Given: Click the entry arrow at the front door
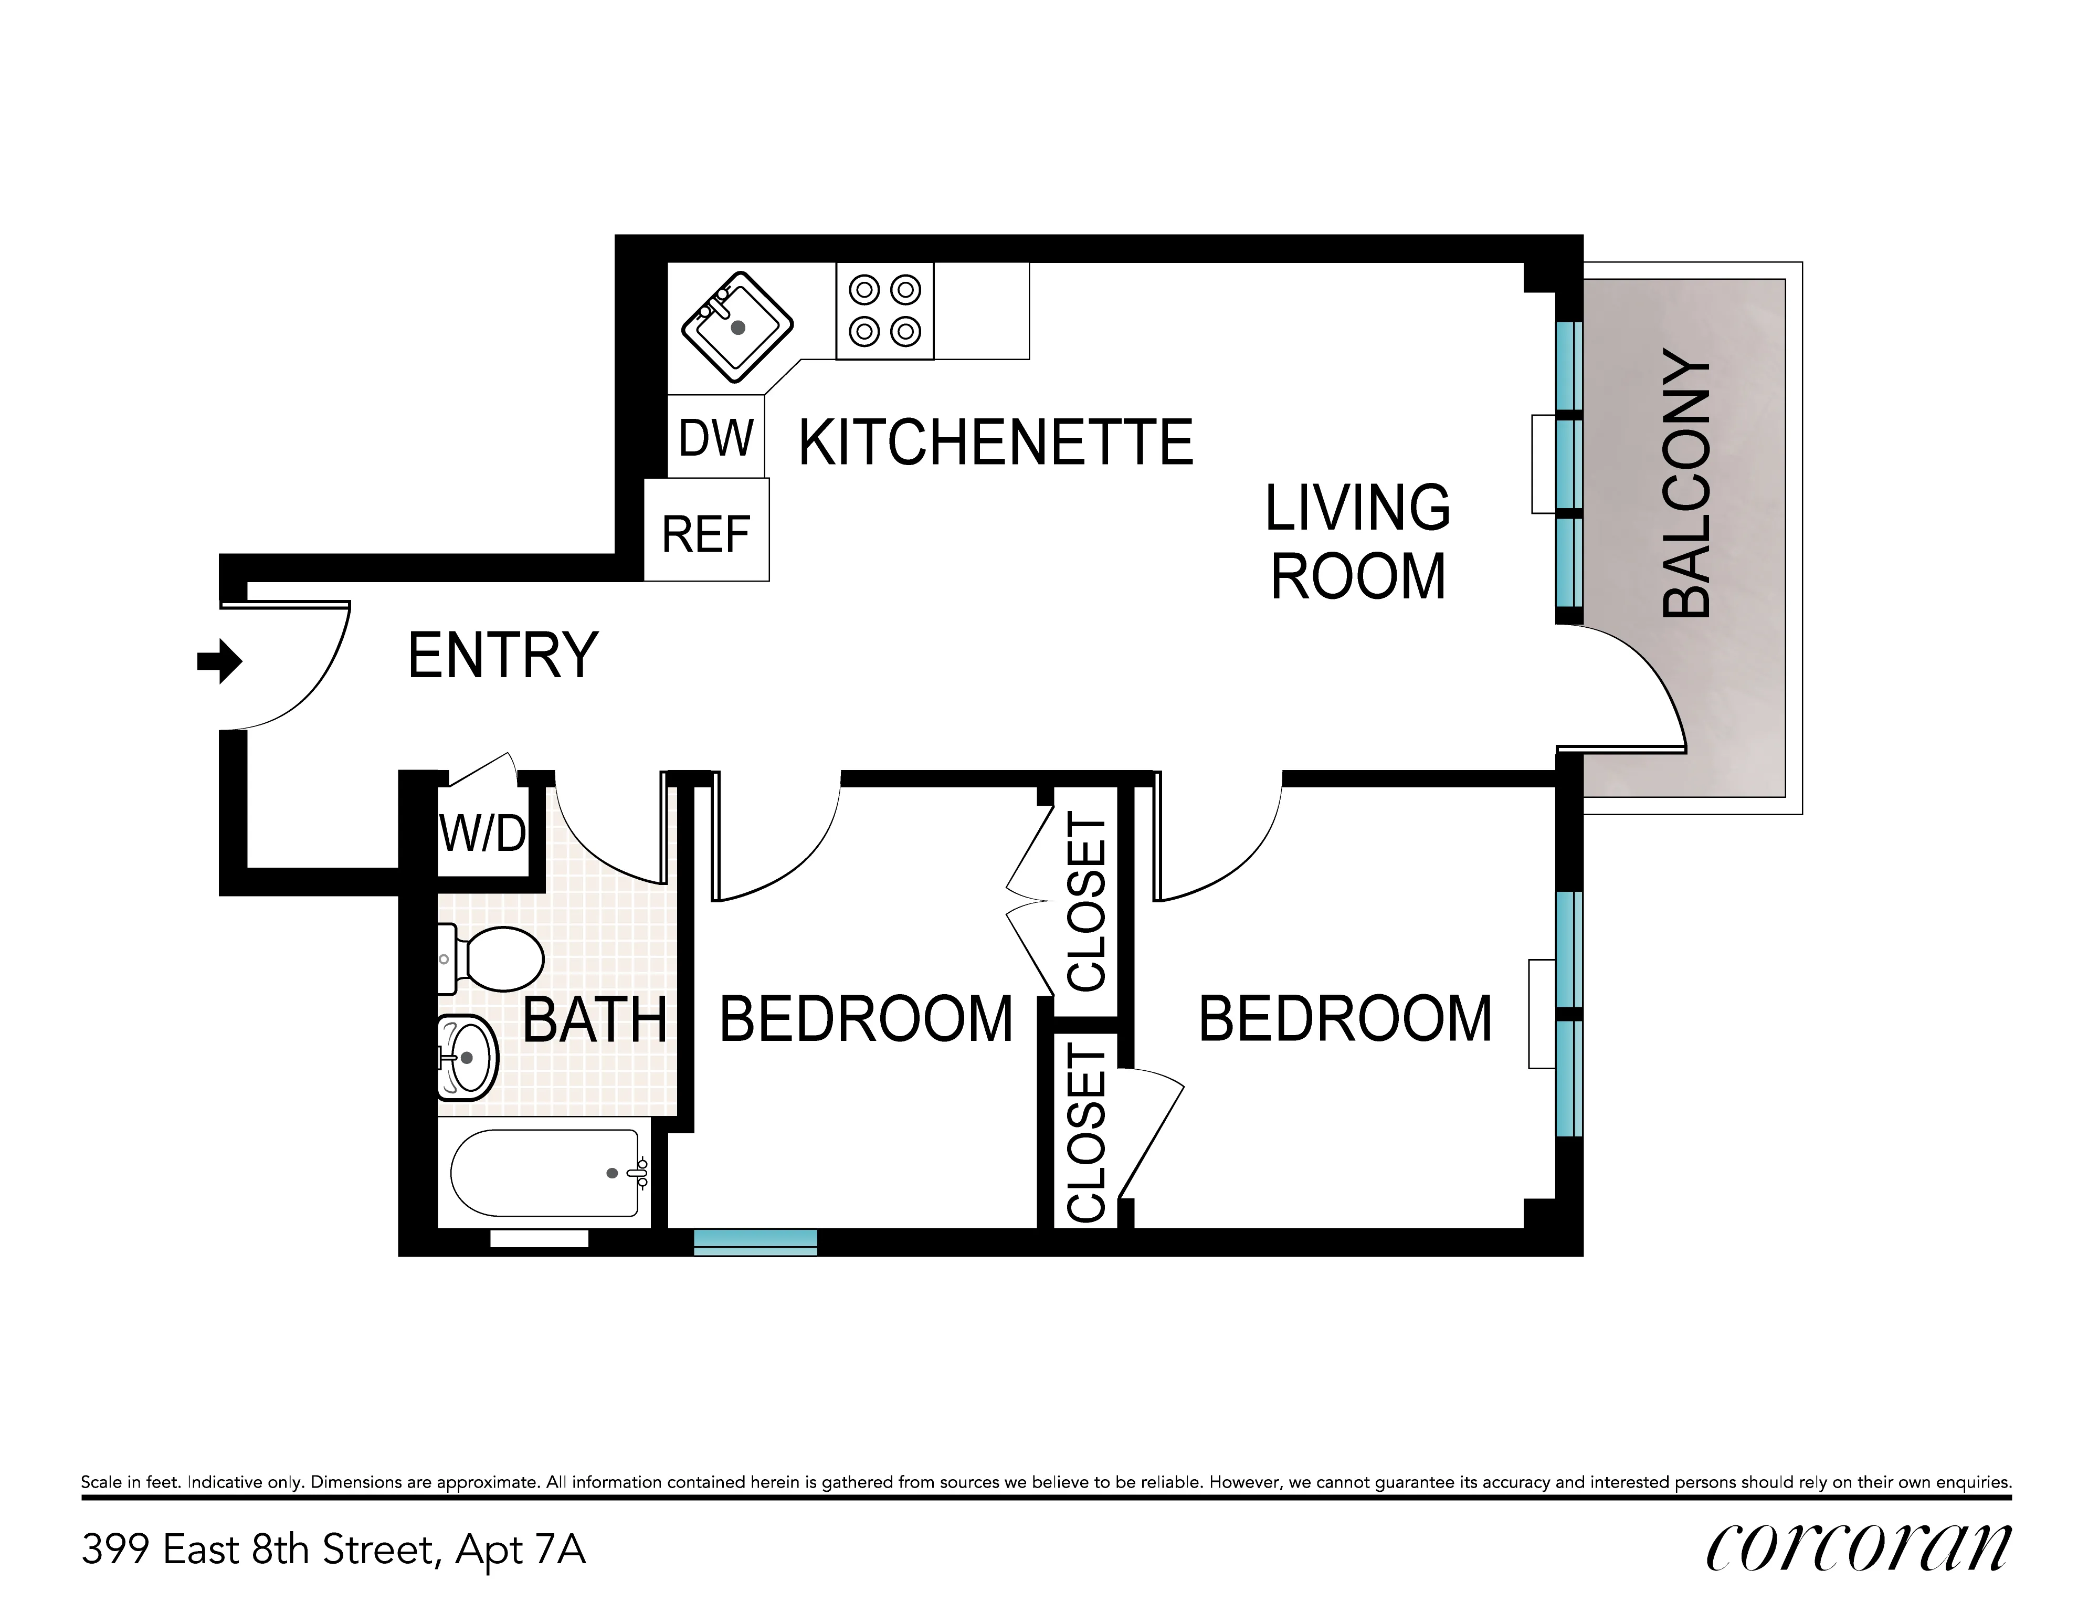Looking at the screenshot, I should point(219,661).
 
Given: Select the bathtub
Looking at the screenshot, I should point(545,1173).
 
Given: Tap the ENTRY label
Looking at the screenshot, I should point(503,656).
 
